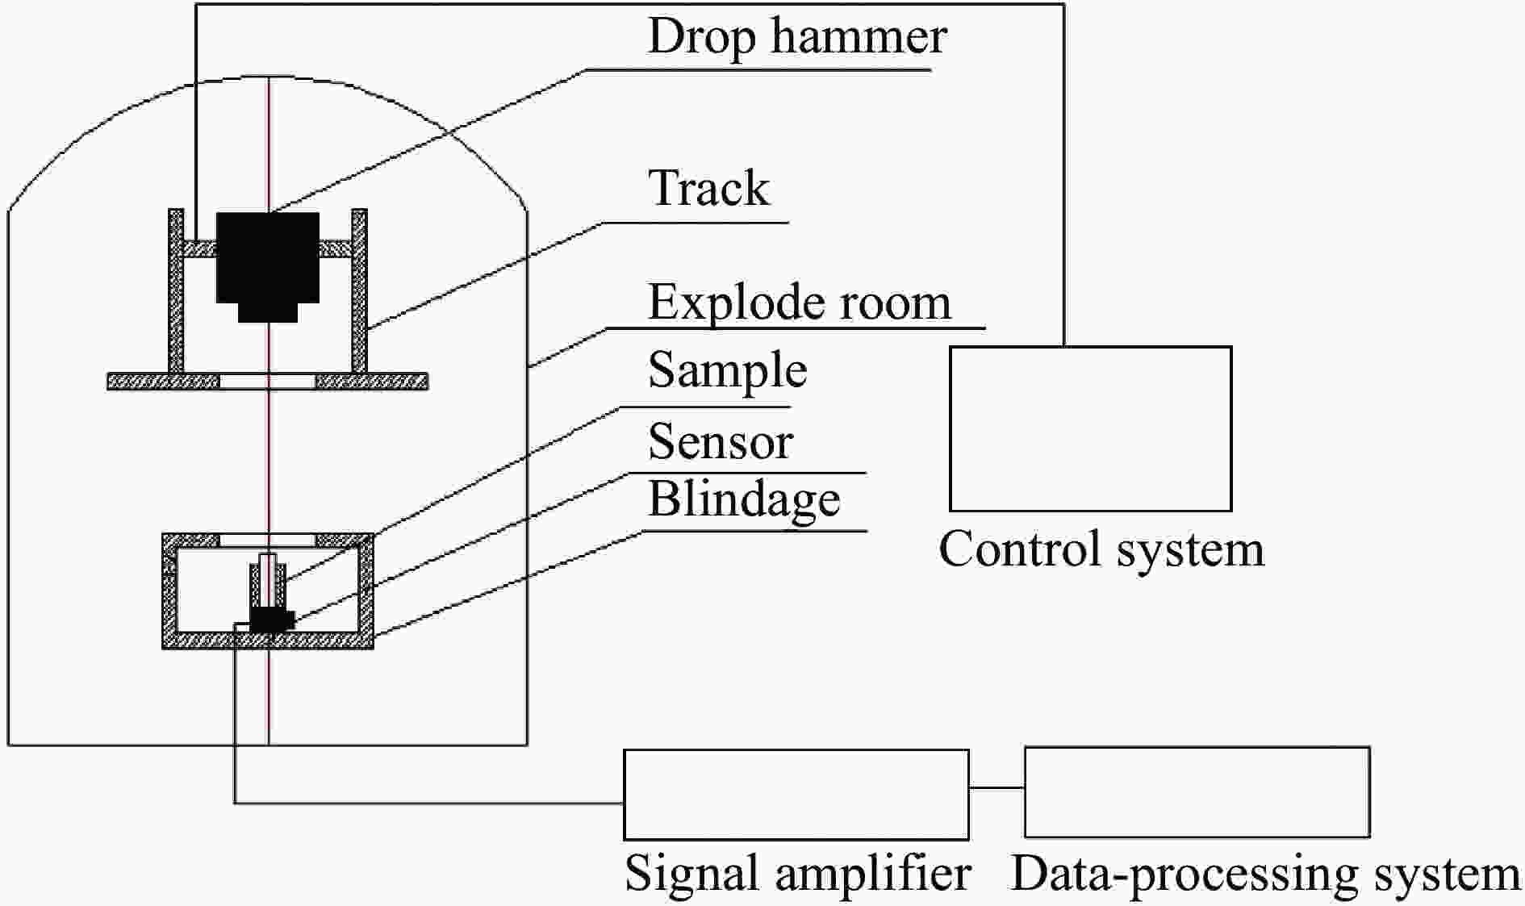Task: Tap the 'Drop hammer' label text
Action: [x=797, y=37]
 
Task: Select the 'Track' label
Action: [x=708, y=189]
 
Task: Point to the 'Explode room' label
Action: [x=799, y=303]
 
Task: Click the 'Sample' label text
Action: [x=727, y=371]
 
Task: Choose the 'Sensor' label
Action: [x=721, y=442]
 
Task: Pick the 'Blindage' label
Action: [x=744, y=499]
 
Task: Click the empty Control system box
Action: [x=1090, y=428]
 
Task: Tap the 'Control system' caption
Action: [x=1101, y=549]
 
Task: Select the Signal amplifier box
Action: [x=796, y=794]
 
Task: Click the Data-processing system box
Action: [x=1197, y=792]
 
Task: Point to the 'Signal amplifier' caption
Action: [x=797, y=874]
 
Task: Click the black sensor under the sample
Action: [x=271, y=620]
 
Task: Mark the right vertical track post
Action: [x=359, y=290]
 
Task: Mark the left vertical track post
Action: [x=176, y=290]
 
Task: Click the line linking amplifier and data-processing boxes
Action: [x=996, y=787]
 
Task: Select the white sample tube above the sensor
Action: [x=268, y=579]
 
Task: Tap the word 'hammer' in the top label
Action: [x=859, y=37]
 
